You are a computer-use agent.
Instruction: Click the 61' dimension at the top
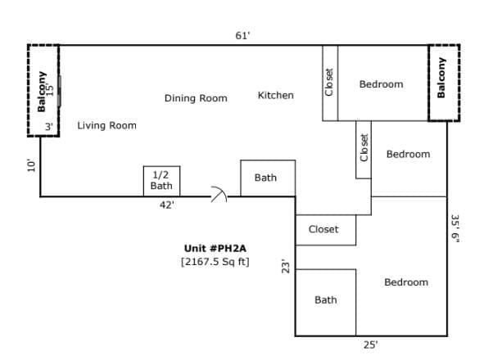pyautogui.click(x=242, y=36)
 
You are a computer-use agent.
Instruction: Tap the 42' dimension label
pyautogui.click(x=167, y=205)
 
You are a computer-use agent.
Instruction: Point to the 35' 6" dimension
pyautogui.click(x=455, y=228)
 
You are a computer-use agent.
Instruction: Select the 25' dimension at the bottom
pyautogui.click(x=370, y=344)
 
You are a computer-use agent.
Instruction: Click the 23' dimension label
pyautogui.click(x=286, y=268)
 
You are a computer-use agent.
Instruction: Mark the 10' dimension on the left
pyautogui.click(x=31, y=165)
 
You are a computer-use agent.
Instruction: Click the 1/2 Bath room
pyautogui.click(x=162, y=181)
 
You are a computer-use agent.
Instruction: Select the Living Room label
pyautogui.click(x=106, y=125)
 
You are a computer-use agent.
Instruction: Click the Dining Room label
pyautogui.click(x=196, y=98)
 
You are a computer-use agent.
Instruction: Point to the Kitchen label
pyautogui.click(x=276, y=96)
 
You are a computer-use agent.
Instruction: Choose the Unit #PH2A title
pyautogui.click(x=215, y=249)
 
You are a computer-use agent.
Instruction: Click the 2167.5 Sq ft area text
pyautogui.click(x=215, y=262)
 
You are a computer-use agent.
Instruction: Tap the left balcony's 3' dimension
pyautogui.click(x=49, y=127)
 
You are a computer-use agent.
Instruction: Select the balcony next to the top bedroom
pyautogui.click(x=444, y=83)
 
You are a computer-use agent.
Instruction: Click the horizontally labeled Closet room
pyautogui.click(x=326, y=230)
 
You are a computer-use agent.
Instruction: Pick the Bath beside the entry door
pyautogui.click(x=268, y=178)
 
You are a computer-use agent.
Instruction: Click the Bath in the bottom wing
pyautogui.click(x=326, y=303)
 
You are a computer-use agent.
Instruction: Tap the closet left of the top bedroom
pyautogui.click(x=330, y=83)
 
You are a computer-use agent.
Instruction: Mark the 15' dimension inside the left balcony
pyautogui.click(x=49, y=89)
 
